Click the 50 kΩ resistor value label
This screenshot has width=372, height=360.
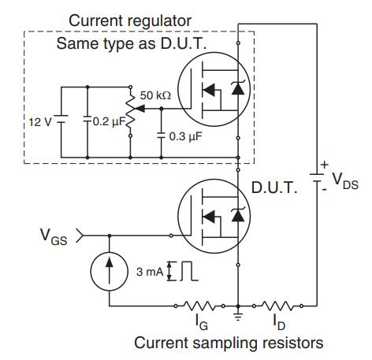click(x=155, y=95)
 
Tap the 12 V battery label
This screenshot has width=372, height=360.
click(x=40, y=122)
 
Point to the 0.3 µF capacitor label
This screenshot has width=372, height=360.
click(x=185, y=136)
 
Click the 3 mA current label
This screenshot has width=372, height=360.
click(x=150, y=272)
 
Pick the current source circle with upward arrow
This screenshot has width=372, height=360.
click(x=110, y=272)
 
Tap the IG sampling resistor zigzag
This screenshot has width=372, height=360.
click(x=199, y=306)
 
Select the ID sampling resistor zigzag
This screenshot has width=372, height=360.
click(x=277, y=306)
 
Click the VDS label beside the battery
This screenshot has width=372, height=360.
click(x=345, y=181)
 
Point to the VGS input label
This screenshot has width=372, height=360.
click(x=54, y=237)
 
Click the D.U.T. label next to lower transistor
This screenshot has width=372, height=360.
click(x=274, y=187)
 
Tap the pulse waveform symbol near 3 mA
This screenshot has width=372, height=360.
click(x=189, y=271)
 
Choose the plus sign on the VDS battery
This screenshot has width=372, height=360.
click(x=325, y=165)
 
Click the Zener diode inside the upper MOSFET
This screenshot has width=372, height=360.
click(x=238, y=87)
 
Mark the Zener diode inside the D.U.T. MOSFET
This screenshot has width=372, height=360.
click(x=238, y=214)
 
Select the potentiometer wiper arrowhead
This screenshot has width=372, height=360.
click(x=139, y=108)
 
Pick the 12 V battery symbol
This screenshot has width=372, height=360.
click(x=61, y=120)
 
